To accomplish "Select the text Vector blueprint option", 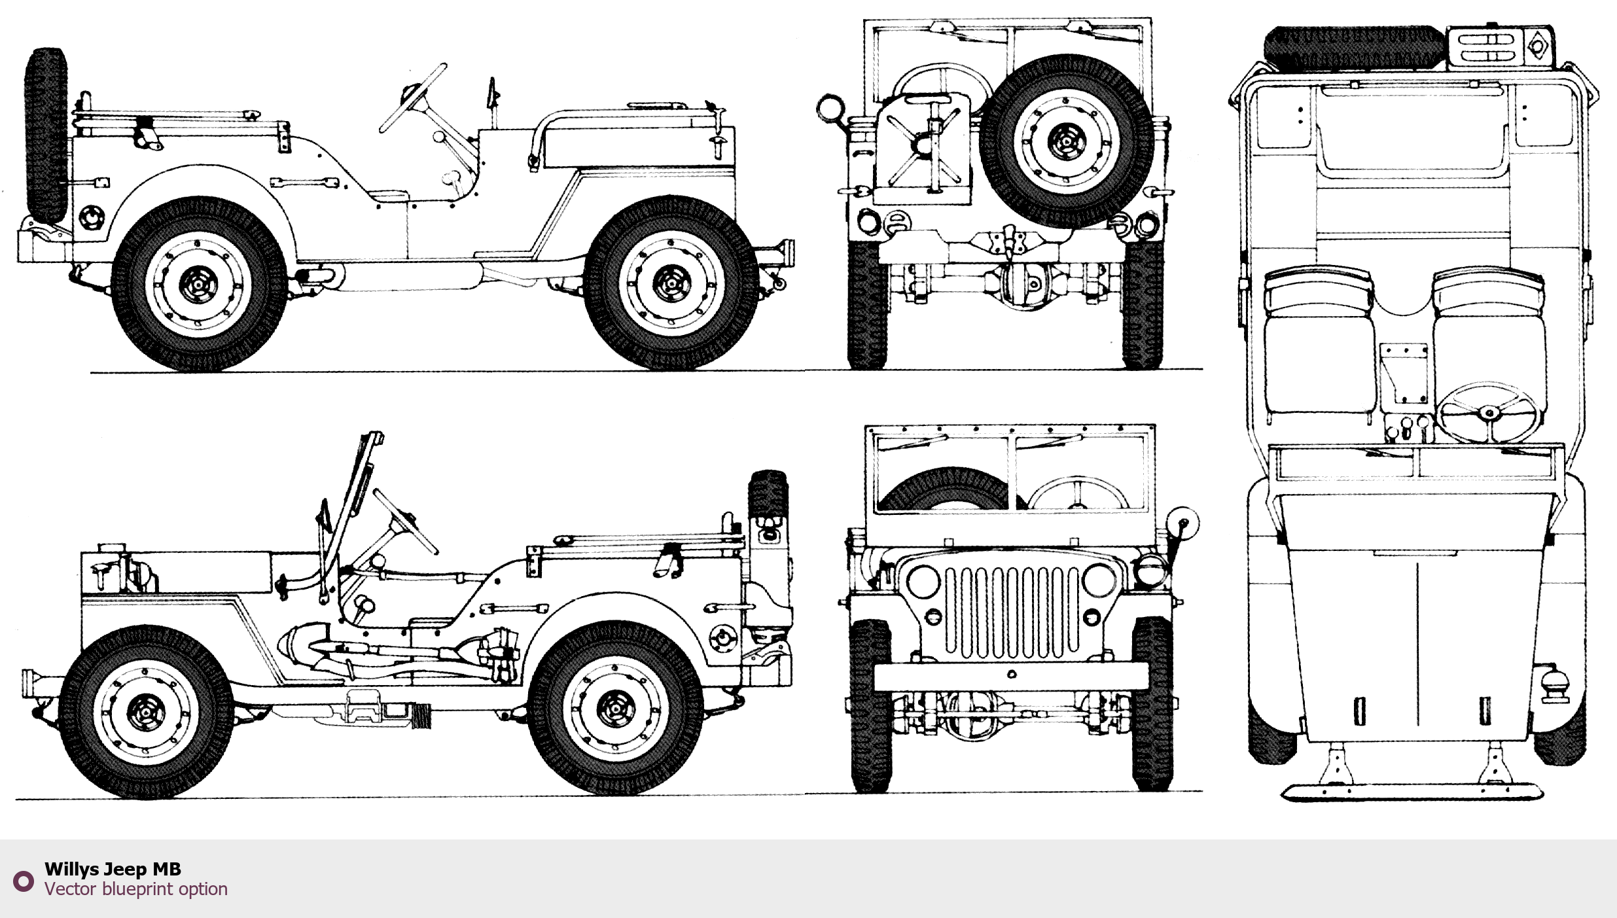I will (136, 889).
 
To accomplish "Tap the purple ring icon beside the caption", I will (24, 881).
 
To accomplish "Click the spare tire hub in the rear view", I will (1065, 141).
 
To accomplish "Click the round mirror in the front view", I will (1185, 523).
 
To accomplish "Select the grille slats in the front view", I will (1011, 612).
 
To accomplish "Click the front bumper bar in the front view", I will (1011, 676).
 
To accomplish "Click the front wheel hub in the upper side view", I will (671, 283).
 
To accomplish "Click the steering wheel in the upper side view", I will (412, 98).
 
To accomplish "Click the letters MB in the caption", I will (166, 869).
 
